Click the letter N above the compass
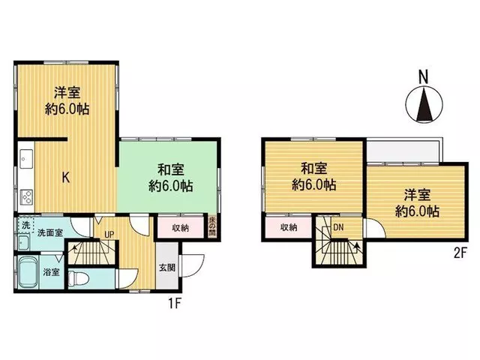tap(424, 76)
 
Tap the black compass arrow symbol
tap(424, 104)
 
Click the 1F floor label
tap(175, 303)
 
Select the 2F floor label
tap(460, 253)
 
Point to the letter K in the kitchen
tap(66, 177)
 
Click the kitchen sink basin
tap(26, 159)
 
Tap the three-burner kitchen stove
tap(26, 196)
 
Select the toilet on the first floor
tap(78, 279)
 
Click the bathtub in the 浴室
tap(28, 272)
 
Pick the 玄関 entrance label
tap(167, 268)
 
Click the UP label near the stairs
tap(109, 235)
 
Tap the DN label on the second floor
tap(338, 227)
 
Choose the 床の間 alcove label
tap(211, 226)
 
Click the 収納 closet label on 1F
tap(180, 228)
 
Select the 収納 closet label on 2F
tap(289, 226)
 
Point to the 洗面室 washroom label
tap(50, 232)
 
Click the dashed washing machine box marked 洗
tap(25, 225)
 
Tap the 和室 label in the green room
tap(170, 170)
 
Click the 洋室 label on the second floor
tap(417, 195)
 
